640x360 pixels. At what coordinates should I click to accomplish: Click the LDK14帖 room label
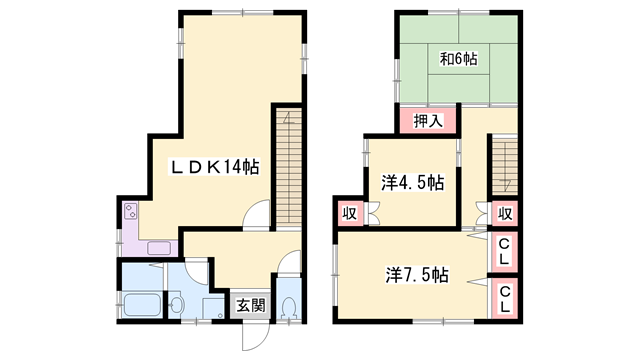click(x=214, y=167)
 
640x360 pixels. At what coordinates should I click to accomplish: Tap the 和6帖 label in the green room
click(x=458, y=59)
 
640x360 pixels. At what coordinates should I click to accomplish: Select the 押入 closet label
click(x=429, y=121)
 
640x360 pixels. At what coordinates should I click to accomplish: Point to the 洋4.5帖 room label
click(x=413, y=184)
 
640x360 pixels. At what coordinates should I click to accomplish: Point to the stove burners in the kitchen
click(x=130, y=212)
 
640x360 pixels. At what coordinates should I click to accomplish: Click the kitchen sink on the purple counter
click(x=159, y=247)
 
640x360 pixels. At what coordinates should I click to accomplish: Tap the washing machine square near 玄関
click(x=213, y=306)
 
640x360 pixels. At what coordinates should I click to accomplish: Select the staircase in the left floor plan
click(x=287, y=165)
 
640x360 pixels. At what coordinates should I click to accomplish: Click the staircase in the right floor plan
click(x=505, y=165)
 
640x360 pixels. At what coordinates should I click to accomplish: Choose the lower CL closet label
click(x=506, y=297)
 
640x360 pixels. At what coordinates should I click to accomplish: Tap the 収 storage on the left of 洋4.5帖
click(x=350, y=214)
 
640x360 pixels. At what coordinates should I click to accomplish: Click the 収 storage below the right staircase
click(x=506, y=214)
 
